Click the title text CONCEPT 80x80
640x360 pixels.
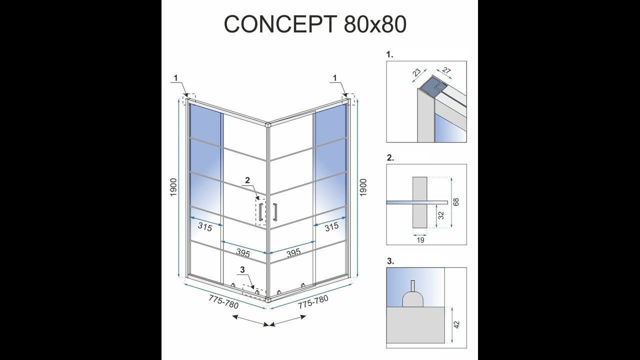(315, 23)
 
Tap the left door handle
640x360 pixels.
(260, 212)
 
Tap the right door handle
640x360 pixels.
(275, 212)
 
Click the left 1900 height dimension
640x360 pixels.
(173, 187)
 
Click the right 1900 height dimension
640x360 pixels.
(363, 187)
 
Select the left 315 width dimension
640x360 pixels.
(205, 227)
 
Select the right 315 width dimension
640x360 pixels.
(331, 227)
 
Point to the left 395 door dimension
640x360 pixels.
(243, 253)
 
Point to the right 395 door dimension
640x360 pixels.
(293, 253)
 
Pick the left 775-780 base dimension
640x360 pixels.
(223, 302)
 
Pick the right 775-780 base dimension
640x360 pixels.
(313, 302)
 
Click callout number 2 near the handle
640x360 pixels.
(247, 180)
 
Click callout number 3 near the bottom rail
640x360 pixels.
(242, 269)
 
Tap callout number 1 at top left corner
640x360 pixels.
(175, 77)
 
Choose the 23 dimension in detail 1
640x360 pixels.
(417, 72)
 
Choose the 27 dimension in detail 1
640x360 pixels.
(446, 70)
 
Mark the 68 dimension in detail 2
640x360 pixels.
(456, 202)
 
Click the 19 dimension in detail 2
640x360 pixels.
(420, 240)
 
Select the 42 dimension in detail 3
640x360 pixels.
(456, 324)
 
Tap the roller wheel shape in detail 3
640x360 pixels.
(413, 295)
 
